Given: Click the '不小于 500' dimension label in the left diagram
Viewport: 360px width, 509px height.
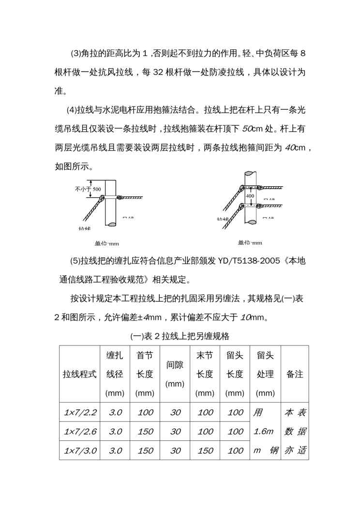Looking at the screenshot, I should (x=88, y=189).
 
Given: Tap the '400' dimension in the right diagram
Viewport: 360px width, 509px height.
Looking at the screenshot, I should (x=250, y=196).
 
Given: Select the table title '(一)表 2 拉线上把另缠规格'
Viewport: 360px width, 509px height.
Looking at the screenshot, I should (x=180, y=335).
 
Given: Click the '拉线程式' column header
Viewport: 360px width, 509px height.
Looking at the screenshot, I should (x=80, y=374).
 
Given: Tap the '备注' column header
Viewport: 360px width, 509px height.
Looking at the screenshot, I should (x=295, y=374).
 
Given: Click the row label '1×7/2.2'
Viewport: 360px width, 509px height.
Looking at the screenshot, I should (x=80, y=413).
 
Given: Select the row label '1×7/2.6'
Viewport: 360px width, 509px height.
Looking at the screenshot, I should (x=80, y=432).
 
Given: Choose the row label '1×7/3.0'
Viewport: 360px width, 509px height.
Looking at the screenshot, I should (x=80, y=450).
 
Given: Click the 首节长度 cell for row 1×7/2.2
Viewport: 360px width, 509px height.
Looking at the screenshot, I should (x=145, y=413).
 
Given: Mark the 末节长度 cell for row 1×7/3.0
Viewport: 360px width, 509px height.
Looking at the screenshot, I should (x=205, y=450).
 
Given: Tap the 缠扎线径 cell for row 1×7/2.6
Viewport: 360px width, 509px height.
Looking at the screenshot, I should (x=115, y=432).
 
